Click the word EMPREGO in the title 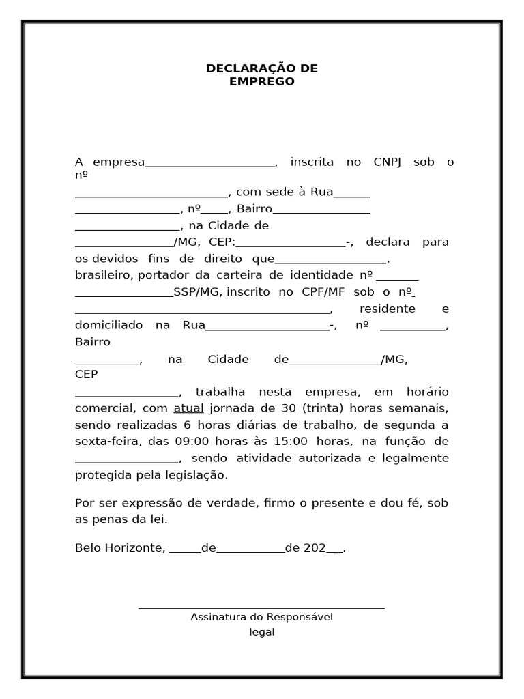(262, 82)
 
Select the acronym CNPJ (388, 162)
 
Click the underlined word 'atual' (188, 408)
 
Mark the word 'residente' (387, 309)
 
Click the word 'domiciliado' (108, 326)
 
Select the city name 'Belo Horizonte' (119, 547)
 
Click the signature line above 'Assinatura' (261, 607)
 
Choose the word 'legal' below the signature (262, 632)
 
